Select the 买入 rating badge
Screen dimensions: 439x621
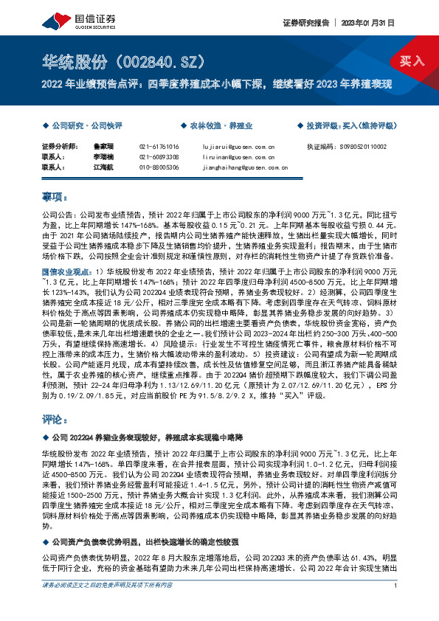[412, 61]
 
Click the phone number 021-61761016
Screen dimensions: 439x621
[159, 147]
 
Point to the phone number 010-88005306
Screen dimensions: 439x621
[159, 167]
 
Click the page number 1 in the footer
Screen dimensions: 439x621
[396, 606]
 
